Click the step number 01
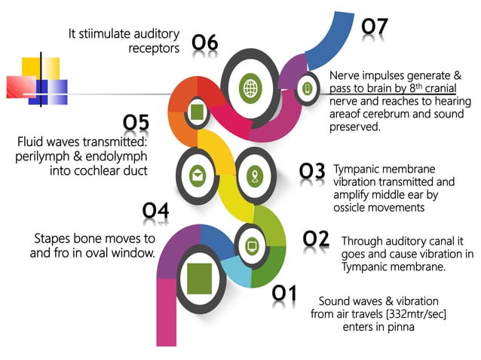[284, 293]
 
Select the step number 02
[316, 239]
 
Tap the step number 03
[312, 172]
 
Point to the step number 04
[155, 212]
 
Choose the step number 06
[204, 44]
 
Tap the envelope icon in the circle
[197, 175]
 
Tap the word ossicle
[355, 207]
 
